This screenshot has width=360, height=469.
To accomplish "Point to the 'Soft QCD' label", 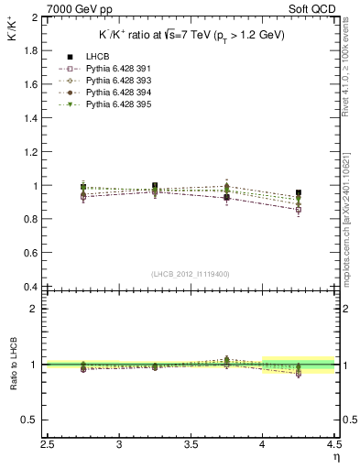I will pyautogui.click(x=314, y=8).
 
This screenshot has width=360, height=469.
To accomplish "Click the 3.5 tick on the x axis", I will pyautogui.click(x=191, y=445).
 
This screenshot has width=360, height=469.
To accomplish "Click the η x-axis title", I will pyautogui.click(x=335, y=459).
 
